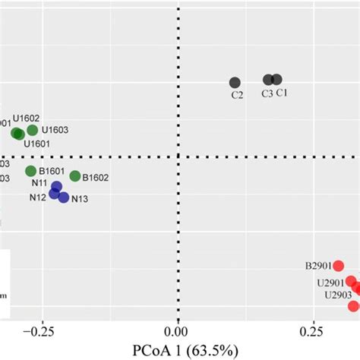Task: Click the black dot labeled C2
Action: click(235, 82)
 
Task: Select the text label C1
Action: click(281, 93)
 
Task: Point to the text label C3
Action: click(267, 93)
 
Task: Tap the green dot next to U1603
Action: click(32, 131)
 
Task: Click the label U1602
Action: click(26, 118)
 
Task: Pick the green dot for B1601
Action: click(31, 171)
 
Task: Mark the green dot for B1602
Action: click(75, 176)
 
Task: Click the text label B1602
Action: click(96, 178)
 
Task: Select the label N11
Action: click(40, 182)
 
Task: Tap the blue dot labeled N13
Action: click(64, 197)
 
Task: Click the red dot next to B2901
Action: click(338, 266)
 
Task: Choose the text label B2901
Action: click(318, 266)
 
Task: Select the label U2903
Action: click(337, 295)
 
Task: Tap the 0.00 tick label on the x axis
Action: click(178, 331)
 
